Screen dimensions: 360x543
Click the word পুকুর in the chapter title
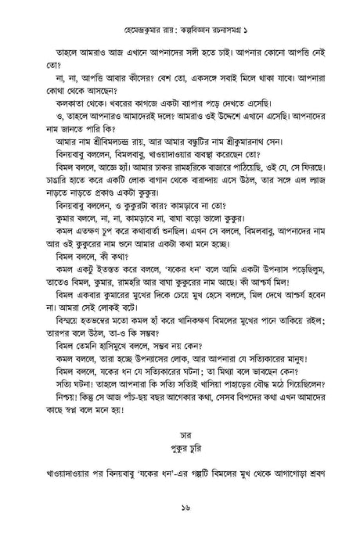pyautogui.click(x=171, y=449)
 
